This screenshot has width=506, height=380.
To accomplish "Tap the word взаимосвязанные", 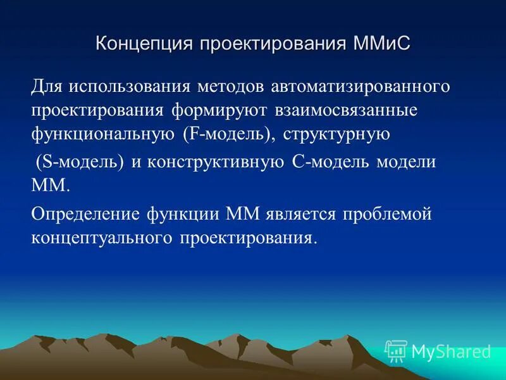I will point(347,111).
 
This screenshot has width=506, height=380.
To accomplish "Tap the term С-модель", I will point(331,161).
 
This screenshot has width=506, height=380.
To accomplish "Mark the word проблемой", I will point(387,213).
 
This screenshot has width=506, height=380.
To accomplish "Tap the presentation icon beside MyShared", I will point(396,351).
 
